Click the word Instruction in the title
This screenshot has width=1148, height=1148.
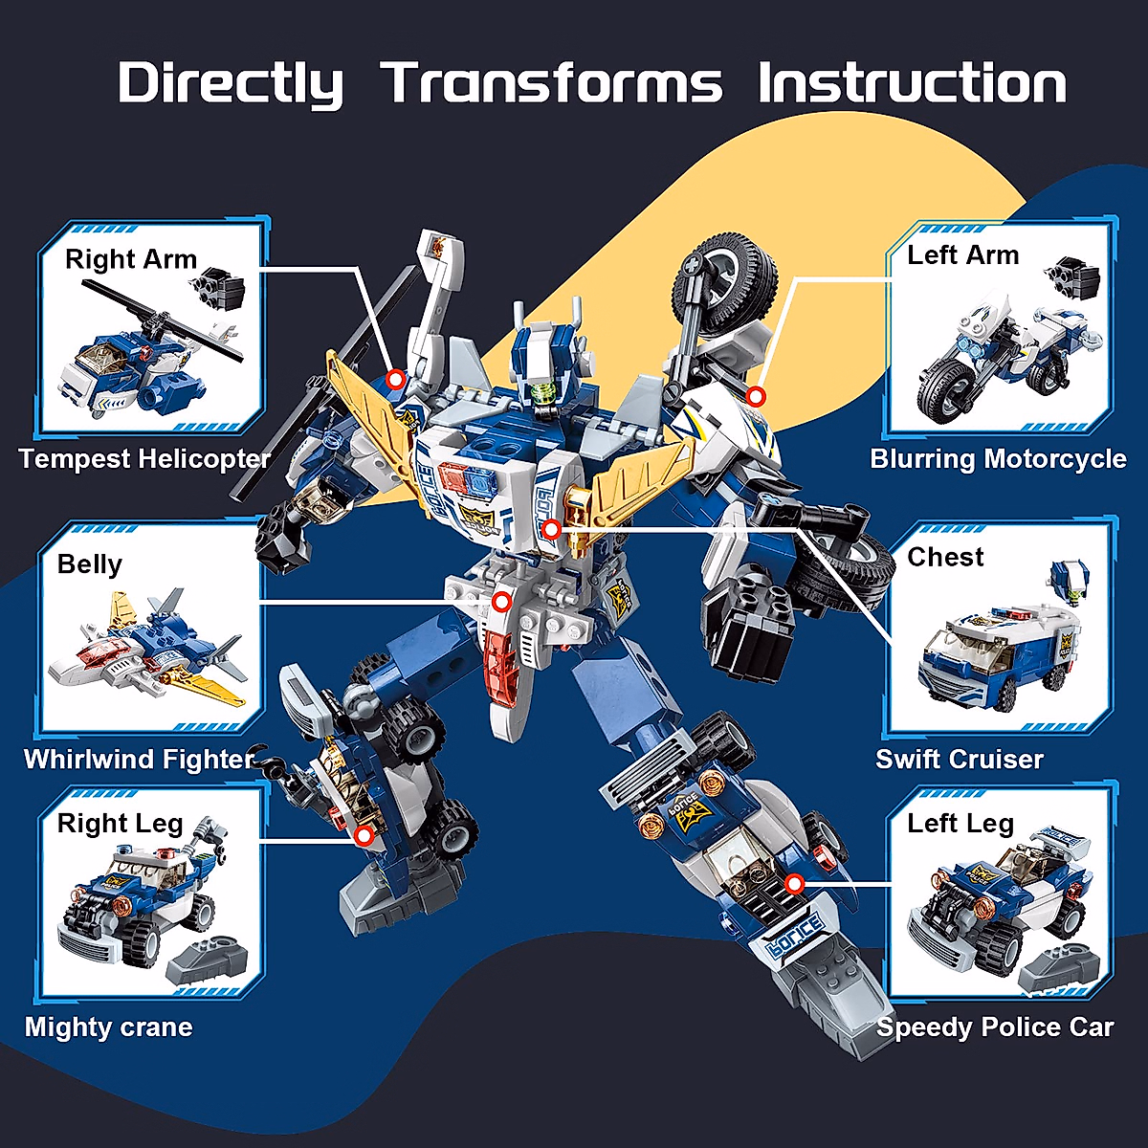click(912, 83)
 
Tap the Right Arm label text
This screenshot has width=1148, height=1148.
click(131, 259)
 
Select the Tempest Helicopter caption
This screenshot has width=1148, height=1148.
click(144, 458)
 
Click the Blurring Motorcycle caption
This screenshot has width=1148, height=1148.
click(998, 458)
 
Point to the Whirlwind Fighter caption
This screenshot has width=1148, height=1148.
click(139, 760)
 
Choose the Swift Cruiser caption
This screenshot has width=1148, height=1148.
click(959, 760)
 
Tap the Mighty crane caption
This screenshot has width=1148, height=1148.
click(109, 1027)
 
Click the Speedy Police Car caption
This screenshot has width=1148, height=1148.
click(995, 1027)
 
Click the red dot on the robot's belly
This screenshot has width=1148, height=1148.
click(501, 602)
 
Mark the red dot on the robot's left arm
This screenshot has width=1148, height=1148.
click(756, 396)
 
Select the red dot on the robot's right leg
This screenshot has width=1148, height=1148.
click(364, 836)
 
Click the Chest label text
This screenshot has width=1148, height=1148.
click(945, 558)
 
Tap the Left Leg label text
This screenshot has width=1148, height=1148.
click(960, 824)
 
